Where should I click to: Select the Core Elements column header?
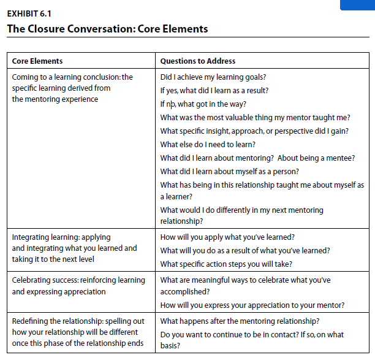click(37, 61)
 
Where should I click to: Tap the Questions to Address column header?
click(197, 61)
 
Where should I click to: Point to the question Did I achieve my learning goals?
click(213, 77)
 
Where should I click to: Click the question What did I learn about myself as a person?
click(230, 172)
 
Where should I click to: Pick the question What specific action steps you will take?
click(226, 264)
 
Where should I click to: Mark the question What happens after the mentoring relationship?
click(239, 321)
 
